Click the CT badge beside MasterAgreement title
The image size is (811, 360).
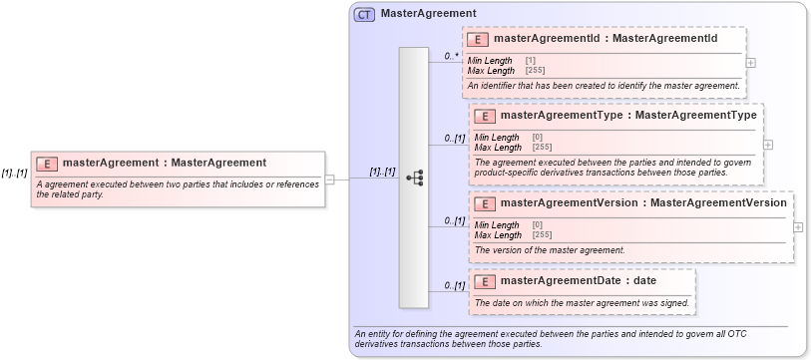364,14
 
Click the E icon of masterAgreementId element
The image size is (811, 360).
479,39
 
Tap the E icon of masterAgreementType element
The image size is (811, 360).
485,116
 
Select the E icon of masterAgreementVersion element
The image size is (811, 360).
485,203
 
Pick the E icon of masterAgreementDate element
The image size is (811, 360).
485,281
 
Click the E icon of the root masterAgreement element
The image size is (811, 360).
47,164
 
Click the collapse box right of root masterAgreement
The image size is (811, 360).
330,180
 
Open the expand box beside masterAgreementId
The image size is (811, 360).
750,62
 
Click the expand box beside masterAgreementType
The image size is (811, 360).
768,144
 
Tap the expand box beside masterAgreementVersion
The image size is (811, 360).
798,226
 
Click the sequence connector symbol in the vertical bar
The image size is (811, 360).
414,178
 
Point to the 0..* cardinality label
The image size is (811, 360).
452,57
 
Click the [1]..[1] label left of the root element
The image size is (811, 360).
15,173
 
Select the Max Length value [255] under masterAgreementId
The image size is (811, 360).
535,71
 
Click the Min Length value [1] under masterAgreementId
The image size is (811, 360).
531,61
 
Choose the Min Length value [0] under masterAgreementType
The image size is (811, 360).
538,138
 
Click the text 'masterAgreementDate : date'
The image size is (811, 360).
579,281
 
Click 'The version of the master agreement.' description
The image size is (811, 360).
550,250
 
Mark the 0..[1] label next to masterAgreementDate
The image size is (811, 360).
454,286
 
